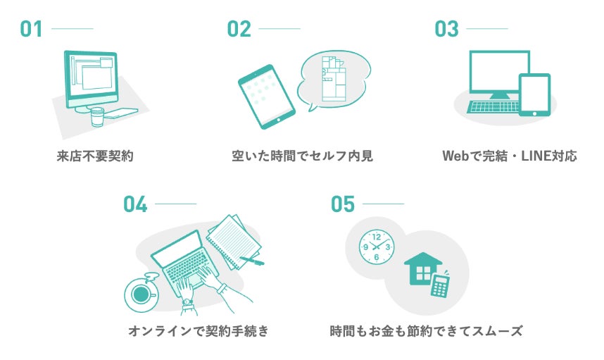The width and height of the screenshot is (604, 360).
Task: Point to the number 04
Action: pyautogui.click(x=135, y=204)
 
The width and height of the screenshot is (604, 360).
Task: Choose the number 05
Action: pyautogui.click(x=343, y=204)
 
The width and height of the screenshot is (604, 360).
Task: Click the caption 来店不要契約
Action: pyautogui.click(x=95, y=156)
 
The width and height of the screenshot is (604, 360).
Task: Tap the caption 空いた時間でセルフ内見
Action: pyautogui.click(x=302, y=156)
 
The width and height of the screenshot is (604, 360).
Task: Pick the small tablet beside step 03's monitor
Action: pyautogui.click(x=534, y=94)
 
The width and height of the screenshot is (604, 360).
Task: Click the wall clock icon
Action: pyautogui.click(x=376, y=247)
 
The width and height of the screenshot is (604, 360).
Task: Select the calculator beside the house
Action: pyautogui.click(x=441, y=285)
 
